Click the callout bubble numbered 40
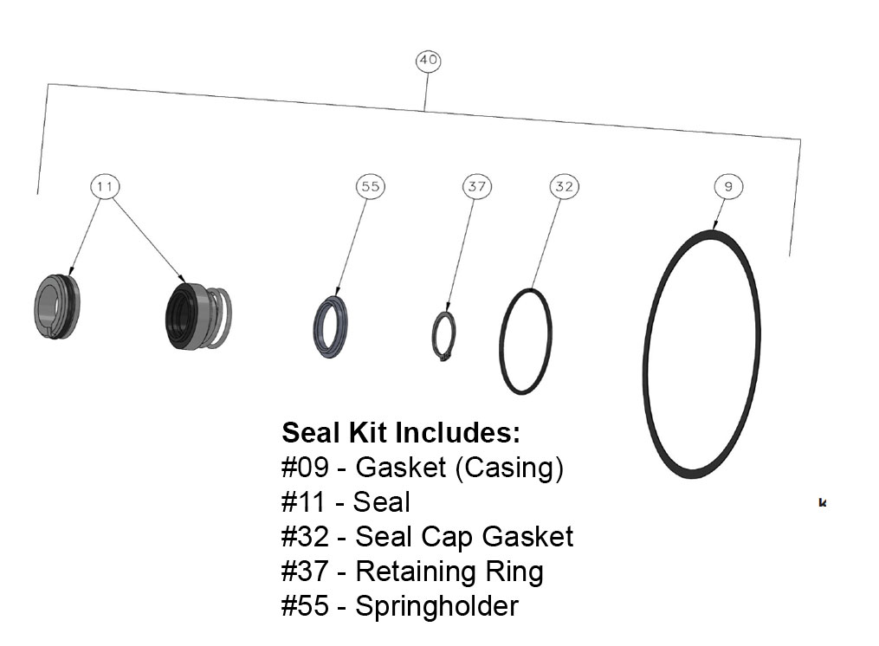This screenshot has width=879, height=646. click(428, 61)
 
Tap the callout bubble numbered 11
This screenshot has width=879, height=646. click(106, 186)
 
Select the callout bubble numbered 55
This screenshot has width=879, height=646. click(370, 186)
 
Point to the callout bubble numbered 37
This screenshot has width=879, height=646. click(476, 186)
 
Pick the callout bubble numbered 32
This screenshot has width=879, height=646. click(563, 186)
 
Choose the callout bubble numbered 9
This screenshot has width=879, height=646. click(728, 186)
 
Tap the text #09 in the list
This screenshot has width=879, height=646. click(305, 468)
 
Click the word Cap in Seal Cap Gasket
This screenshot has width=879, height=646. click(449, 537)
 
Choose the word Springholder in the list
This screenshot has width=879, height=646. click(436, 606)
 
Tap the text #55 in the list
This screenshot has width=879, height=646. click(305, 606)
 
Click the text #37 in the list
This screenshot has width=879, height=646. click(305, 572)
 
